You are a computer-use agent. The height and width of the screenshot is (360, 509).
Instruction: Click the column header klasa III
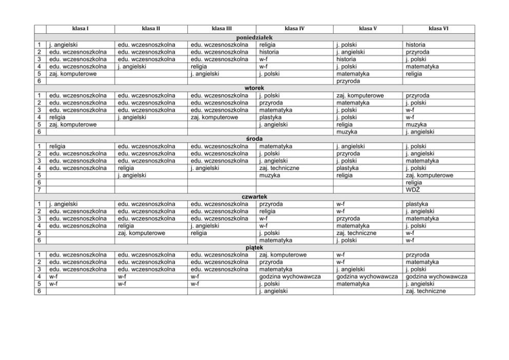tap(222, 29)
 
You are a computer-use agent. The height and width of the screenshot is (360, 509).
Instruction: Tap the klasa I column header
tap(80, 29)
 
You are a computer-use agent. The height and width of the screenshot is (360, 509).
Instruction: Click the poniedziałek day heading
tap(255, 37)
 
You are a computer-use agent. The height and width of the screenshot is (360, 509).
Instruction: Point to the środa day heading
tap(255, 138)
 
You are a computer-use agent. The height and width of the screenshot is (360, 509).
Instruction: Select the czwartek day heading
tap(255, 196)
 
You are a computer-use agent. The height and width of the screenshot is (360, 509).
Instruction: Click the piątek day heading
tap(255, 247)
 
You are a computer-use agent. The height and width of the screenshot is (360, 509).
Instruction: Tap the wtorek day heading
tap(255, 88)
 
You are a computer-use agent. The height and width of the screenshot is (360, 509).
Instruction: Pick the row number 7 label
tap(40, 190)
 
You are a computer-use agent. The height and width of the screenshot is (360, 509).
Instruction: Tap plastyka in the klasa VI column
tap(417, 204)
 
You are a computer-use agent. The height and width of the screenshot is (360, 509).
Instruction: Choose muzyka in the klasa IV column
tap(270, 175)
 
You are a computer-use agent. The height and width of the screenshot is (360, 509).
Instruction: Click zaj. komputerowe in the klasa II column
tap(141, 233)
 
